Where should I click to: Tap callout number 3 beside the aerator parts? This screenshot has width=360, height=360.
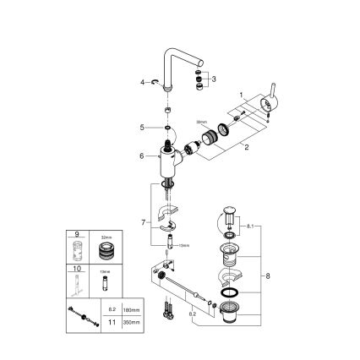click(214, 78)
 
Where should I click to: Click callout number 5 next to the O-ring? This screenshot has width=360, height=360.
click(144, 128)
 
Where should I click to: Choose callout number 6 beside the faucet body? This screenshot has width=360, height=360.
click(141, 155)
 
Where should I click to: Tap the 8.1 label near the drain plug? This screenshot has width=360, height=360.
click(248, 227)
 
